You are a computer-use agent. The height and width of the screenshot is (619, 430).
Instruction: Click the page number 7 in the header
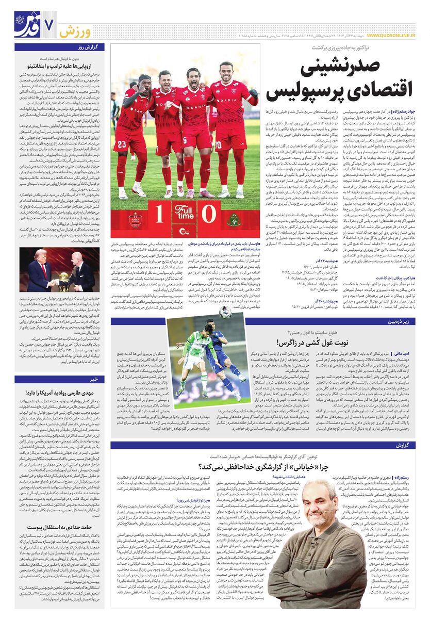pos(50,24)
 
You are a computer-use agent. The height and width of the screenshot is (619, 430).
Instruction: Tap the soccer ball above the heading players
pos(225,312)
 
